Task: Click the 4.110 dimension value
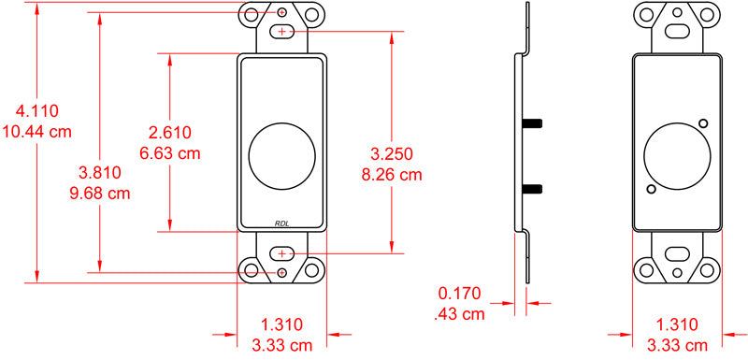point(37,110)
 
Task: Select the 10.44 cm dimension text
point(37,131)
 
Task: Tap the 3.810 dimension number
point(100,173)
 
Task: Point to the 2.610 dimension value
point(170,132)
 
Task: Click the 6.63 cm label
point(170,153)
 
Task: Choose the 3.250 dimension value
point(392,153)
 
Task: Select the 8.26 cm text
point(392,175)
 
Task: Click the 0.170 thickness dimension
point(460,293)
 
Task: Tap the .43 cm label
point(460,314)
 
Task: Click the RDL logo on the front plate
point(282,223)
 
